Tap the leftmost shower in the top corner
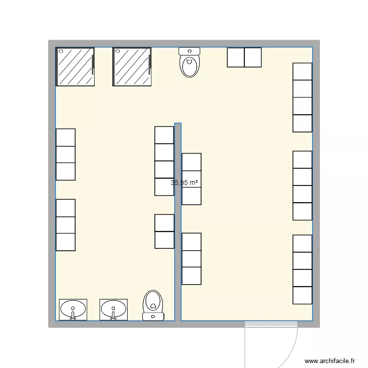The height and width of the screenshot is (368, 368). click(x=76, y=67)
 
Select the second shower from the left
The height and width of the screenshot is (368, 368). click(x=132, y=67)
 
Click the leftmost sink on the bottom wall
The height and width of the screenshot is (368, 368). click(x=73, y=310)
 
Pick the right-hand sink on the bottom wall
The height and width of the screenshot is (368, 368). click(x=113, y=310)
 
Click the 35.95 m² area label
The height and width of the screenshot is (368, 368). click(x=184, y=183)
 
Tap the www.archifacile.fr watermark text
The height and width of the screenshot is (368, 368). click(x=329, y=361)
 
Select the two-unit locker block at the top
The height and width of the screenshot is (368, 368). click(x=244, y=57)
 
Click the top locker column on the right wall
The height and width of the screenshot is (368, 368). click(x=302, y=97)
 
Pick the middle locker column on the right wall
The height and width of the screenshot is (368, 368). click(x=302, y=185)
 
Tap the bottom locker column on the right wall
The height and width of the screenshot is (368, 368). click(x=302, y=269)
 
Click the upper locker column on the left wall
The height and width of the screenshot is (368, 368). click(x=66, y=154)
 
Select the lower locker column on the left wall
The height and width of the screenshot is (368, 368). click(x=66, y=225)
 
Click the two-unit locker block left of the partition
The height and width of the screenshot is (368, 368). click(x=164, y=231)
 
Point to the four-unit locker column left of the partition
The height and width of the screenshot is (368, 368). click(x=164, y=161)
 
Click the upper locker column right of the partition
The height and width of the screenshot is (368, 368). click(x=191, y=179)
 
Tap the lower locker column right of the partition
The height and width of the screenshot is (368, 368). click(x=191, y=259)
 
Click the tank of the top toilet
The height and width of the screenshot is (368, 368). click(x=189, y=51)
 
